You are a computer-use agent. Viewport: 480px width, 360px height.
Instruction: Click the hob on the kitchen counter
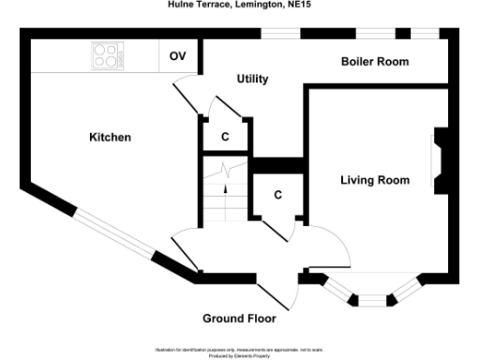(108, 56)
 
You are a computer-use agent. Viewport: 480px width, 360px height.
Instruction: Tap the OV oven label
(177, 56)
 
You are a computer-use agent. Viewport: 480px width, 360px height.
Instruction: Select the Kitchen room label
(110, 138)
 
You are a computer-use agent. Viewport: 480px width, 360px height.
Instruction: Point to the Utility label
(252, 79)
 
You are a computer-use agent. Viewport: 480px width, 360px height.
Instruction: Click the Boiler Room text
(375, 62)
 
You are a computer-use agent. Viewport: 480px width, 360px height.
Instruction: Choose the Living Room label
(374, 180)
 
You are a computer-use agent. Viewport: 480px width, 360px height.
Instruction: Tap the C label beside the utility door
(225, 137)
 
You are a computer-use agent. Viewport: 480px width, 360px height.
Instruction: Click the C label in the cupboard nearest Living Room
(278, 196)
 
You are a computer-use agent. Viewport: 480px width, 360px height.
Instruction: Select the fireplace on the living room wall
(440, 160)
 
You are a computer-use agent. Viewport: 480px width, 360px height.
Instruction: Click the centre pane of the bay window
(373, 300)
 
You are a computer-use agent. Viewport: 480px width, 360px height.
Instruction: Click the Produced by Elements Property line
(239, 355)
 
